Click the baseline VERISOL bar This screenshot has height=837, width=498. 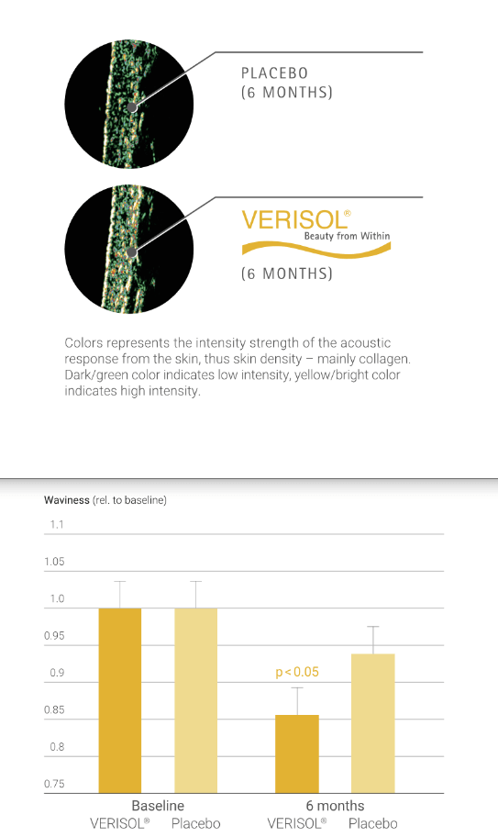(x=120, y=700)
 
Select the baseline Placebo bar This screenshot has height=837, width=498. (x=195, y=700)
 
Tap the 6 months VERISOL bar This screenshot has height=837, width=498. (x=297, y=753)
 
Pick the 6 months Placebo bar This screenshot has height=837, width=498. (x=372, y=723)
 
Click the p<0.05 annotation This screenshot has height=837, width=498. (x=297, y=672)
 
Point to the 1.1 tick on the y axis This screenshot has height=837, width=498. (x=57, y=525)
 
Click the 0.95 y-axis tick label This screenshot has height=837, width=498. (x=54, y=636)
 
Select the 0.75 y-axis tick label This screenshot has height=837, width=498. (x=54, y=784)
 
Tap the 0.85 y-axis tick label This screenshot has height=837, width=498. (x=54, y=710)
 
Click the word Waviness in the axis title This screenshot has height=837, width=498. (x=67, y=500)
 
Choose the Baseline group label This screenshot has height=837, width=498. (x=158, y=806)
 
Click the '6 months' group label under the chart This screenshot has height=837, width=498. (x=335, y=806)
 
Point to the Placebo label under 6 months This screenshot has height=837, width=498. (x=373, y=823)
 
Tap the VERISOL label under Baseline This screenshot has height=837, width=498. (x=119, y=823)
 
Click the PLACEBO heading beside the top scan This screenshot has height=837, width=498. (x=274, y=73)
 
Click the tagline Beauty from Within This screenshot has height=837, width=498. (x=347, y=236)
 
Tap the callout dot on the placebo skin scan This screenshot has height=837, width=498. (x=132, y=107)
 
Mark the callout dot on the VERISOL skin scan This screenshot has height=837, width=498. (x=132, y=252)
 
